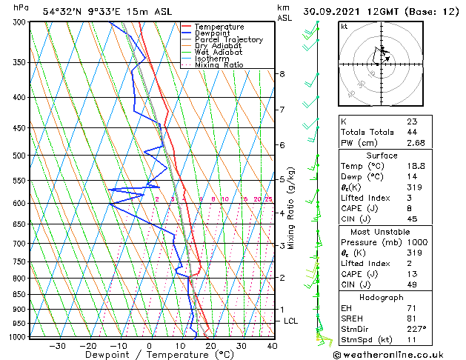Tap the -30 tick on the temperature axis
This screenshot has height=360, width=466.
(x=57, y=345)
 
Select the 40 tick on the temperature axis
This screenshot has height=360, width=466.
(x=272, y=345)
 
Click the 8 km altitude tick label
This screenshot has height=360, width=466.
(x=282, y=74)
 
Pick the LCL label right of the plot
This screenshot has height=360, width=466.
(x=290, y=321)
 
